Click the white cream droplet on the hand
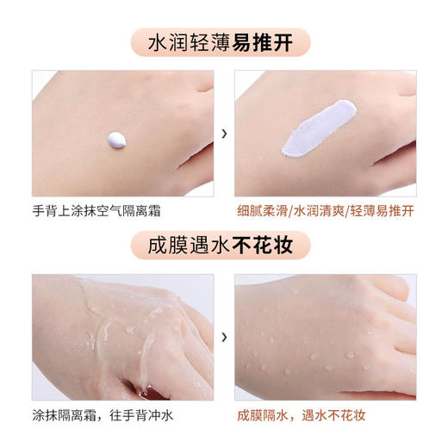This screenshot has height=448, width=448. (118, 137)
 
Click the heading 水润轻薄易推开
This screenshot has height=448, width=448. (224, 41)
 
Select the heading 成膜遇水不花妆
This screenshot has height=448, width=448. (224, 246)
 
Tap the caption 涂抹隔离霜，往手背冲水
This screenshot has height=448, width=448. (105, 415)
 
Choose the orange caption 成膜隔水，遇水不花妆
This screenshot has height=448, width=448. (301, 415)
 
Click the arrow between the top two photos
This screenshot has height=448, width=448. (224, 134)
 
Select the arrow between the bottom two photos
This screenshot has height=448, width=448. (224, 337)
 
